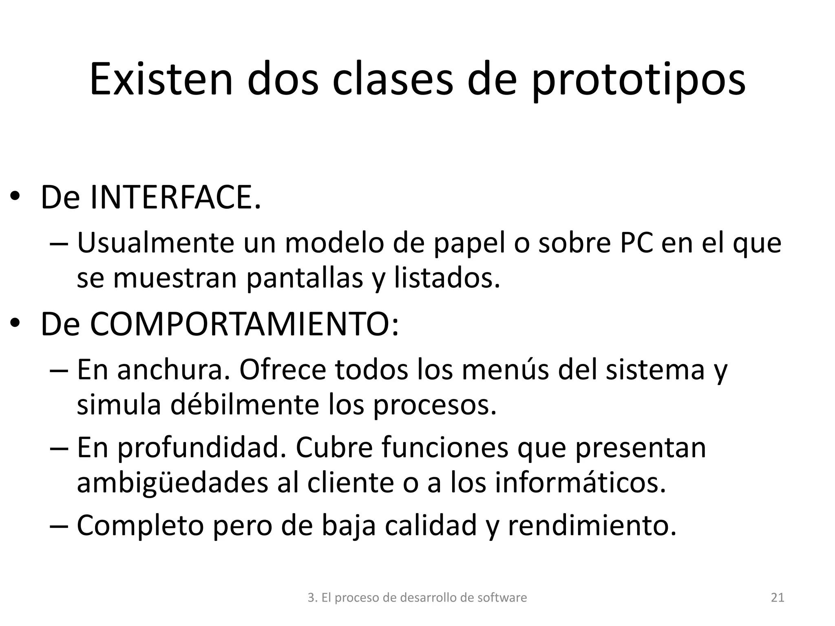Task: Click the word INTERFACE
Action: point(175,198)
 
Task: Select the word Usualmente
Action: point(156,243)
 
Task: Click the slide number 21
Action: point(778,598)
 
